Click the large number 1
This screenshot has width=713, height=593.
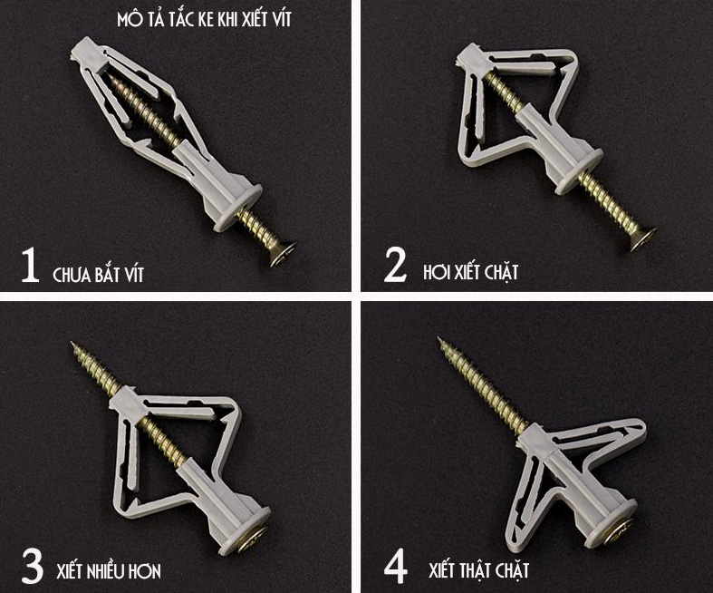tap(30, 265)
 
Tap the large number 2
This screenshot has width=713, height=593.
tap(395, 265)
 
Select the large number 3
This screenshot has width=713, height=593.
tap(32, 566)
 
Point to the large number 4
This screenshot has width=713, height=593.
tap(396, 566)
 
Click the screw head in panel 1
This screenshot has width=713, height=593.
tap(283, 255)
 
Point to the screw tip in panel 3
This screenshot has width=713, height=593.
tap(72, 344)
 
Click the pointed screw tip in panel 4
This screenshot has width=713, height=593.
tap(439, 339)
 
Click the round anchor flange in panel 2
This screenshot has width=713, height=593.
tap(581, 173)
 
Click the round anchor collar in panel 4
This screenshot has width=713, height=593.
tap(609, 523)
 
